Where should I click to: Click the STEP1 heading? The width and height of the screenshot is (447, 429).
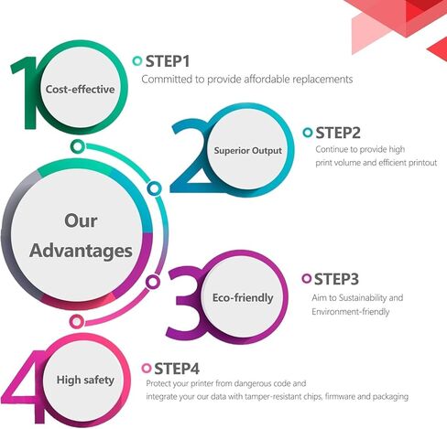point(168,61)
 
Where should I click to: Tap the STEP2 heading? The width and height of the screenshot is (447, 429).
point(338,133)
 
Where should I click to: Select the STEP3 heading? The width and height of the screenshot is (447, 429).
point(336,279)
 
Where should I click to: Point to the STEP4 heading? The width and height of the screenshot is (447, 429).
point(177,369)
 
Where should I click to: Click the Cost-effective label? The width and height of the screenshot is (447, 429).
point(81,90)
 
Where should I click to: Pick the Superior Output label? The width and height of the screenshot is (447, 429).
point(248,151)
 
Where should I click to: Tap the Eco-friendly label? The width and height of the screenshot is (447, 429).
point(243,298)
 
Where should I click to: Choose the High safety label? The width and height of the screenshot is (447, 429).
point(85,381)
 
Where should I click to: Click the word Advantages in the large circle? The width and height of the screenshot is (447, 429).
point(81,252)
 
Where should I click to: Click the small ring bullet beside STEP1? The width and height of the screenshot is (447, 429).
point(137,61)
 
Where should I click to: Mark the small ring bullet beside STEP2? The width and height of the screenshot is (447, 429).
point(308,133)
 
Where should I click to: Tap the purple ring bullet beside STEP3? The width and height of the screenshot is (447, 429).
point(306,278)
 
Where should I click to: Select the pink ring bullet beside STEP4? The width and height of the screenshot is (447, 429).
point(147,368)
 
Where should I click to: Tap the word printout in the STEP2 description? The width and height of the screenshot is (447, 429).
point(423,163)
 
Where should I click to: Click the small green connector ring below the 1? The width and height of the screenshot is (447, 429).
point(78,146)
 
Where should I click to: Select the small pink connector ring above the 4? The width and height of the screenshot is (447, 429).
point(77,321)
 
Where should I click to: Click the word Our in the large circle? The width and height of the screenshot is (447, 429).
point(81,220)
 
